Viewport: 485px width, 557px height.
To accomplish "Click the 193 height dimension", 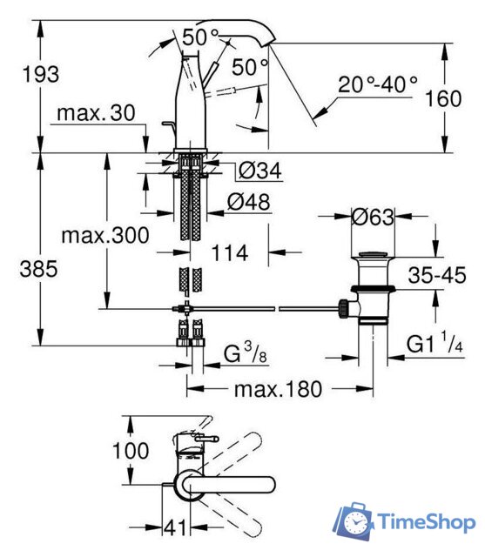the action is click(41, 75).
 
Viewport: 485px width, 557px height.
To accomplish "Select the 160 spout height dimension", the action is click(443, 98).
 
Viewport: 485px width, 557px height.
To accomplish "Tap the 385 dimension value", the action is click(38, 269).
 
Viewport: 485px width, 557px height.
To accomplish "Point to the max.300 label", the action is click(105, 236).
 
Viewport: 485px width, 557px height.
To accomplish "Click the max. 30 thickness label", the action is click(96, 113).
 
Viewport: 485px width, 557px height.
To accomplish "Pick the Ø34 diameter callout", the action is click(260, 171).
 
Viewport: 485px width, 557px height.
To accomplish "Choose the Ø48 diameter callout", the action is click(249, 202).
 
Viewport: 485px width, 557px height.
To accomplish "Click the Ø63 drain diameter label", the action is click(373, 217).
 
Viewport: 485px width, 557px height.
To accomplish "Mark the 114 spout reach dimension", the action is click(230, 253).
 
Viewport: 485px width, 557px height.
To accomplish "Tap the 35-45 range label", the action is click(437, 275).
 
